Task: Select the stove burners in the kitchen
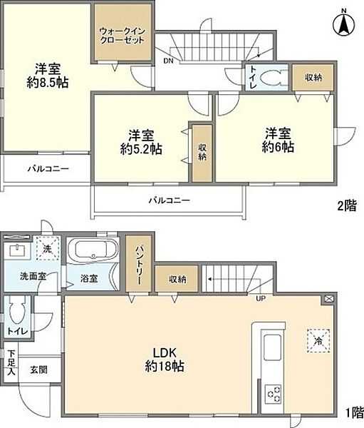coord(273,392)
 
